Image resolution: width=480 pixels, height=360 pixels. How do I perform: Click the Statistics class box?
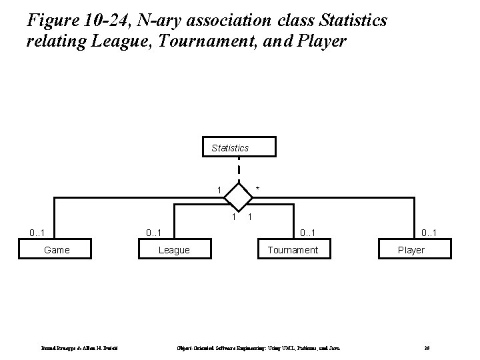tap(230, 147)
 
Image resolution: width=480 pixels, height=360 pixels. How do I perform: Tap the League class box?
tap(173, 250)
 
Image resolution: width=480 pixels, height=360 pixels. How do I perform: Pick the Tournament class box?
tap(293, 250)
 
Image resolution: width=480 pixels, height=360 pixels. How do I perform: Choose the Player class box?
tap(411, 250)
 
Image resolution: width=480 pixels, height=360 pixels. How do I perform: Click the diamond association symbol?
tap(238, 195)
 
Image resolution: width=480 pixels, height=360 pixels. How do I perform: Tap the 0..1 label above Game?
tap(37, 233)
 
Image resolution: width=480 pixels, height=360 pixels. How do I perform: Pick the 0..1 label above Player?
tap(428, 233)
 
